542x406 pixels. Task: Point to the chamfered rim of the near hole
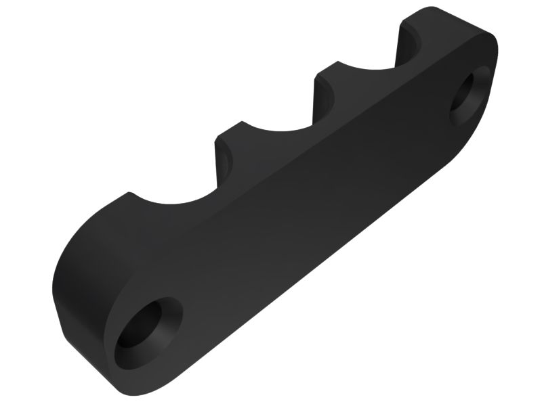click(167, 318)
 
